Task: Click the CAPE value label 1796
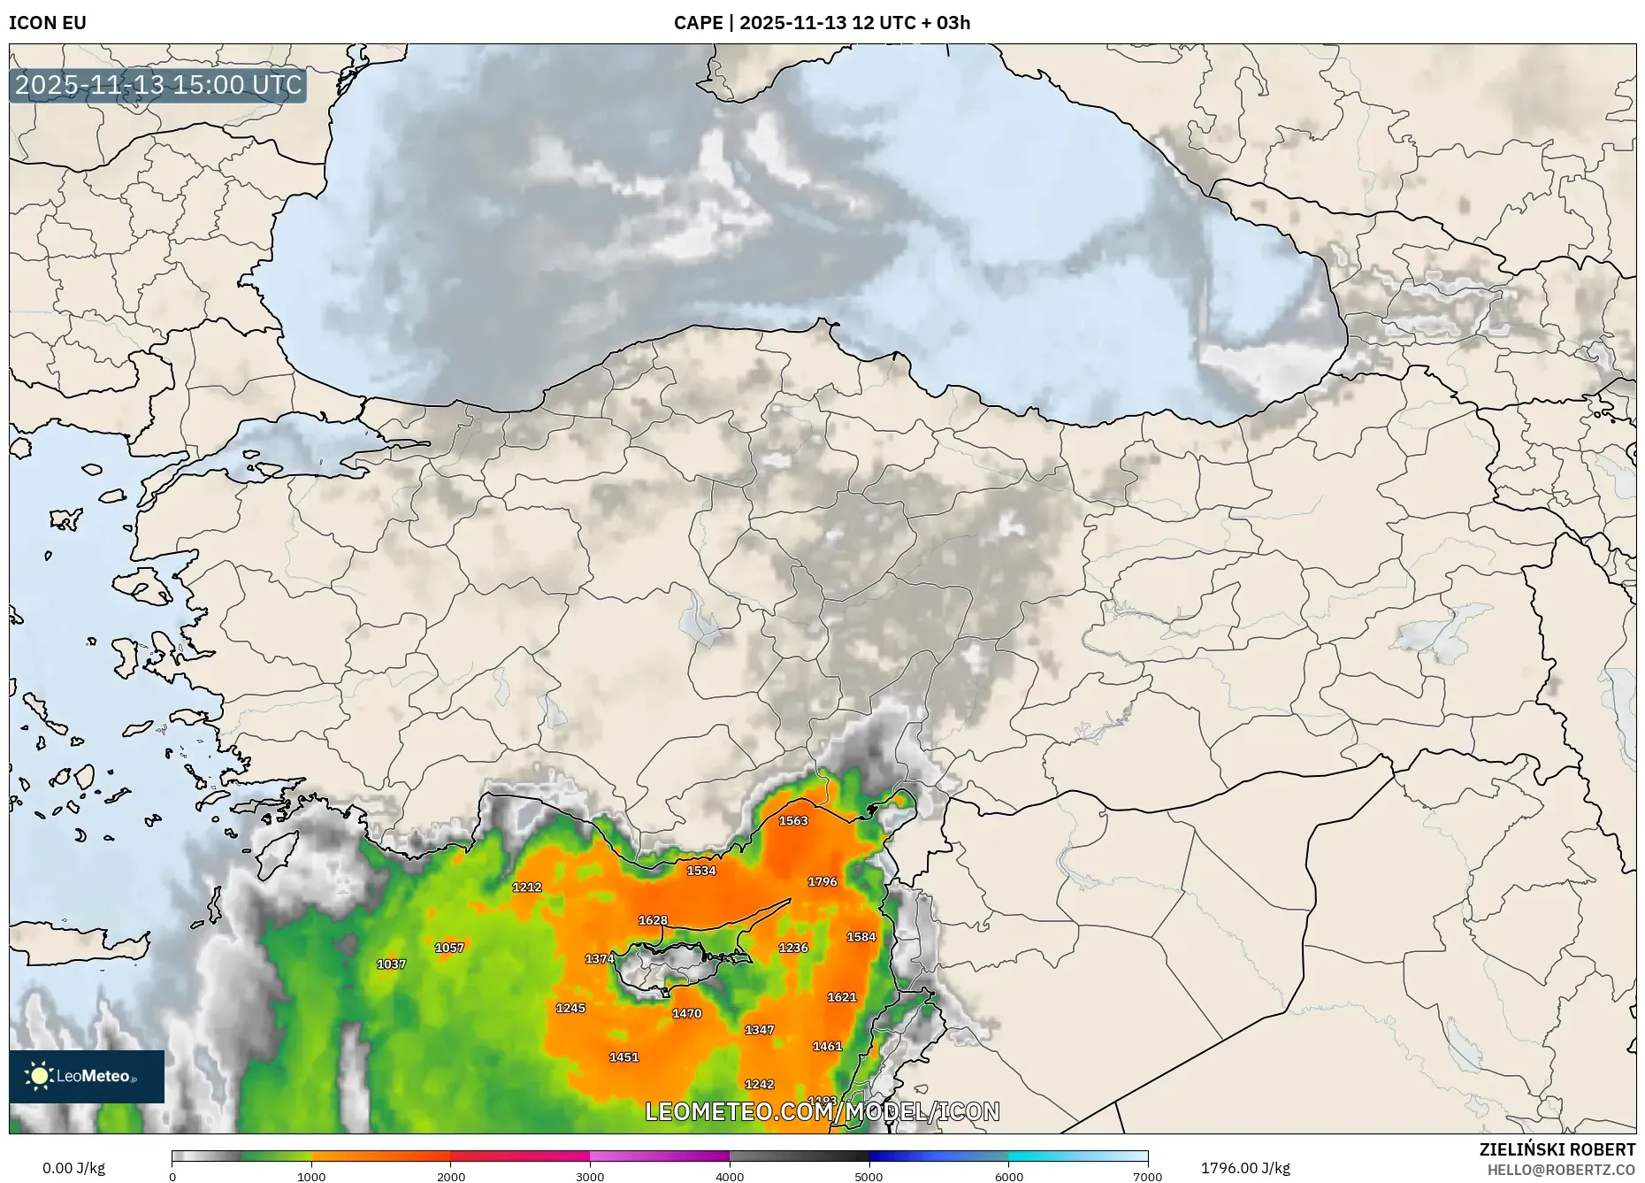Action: pyautogui.click(x=822, y=881)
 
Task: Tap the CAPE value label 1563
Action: pyautogui.click(x=793, y=820)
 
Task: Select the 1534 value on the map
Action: pyautogui.click(x=701, y=870)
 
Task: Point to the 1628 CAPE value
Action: pyautogui.click(x=653, y=920)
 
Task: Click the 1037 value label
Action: pyautogui.click(x=391, y=964)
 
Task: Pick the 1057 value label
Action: pyautogui.click(x=449, y=948)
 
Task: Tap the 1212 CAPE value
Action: pyautogui.click(x=527, y=887)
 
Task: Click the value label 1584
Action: pyautogui.click(x=861, y=937)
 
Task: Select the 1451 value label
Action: pyautogui.click(x=624, y=1056)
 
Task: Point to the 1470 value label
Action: pyautogui.click(x=687, y=1013)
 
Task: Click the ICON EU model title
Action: pyautogui.click(x=48, y=23)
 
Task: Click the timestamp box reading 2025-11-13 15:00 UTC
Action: pyautogui.click(x=158, y=85)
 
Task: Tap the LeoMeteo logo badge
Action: pyautogui.click(x=87, y=1076)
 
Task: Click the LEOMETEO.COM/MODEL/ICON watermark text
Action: pyautogui.click(x=822, y=1111)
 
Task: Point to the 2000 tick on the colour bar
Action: pyautogui.click(x=451, y=1176)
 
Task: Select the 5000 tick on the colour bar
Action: pyautogui.click(x=868, y=1176)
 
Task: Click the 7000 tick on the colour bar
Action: pyautogui.click(x=1147, y=1176)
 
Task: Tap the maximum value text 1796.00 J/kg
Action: pyautogui.click(x=1245, y=1168)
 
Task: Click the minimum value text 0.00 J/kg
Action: pyautogui.click(x=73, y=1168)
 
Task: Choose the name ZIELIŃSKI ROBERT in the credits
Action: pyautogui.click(x=1557, y=1149)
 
